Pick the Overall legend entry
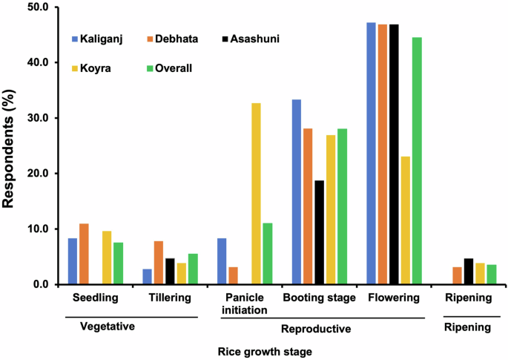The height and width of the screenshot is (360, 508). (x=174, y=68)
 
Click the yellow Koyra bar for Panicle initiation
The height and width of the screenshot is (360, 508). (x=256, y=194)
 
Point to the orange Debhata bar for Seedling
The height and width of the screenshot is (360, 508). (x=84, y=254)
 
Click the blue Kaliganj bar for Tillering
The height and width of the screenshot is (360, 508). (x=147, y=277)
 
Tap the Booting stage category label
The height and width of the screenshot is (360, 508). (x=319, y=298)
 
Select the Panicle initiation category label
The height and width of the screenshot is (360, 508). (x=244, y=304)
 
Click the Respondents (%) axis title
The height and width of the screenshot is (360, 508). (x=10, y=145)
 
